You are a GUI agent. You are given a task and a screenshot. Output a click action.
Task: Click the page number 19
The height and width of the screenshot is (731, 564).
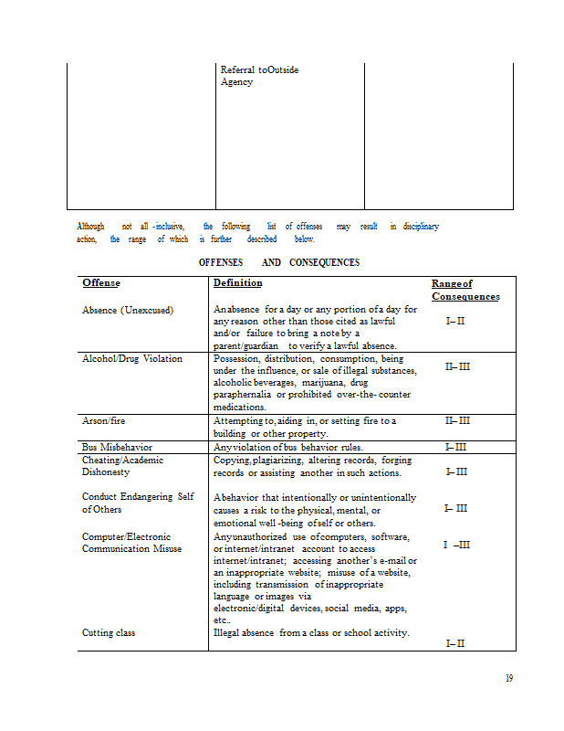[x=510, y=678]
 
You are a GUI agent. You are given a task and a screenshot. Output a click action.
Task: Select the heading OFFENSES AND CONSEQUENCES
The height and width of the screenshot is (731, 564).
[x=279, y=262]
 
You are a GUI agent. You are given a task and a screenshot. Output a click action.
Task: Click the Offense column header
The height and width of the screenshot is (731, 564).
[x=101, y=283]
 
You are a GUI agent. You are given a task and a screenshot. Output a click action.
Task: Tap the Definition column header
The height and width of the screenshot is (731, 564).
[x=237, y=283]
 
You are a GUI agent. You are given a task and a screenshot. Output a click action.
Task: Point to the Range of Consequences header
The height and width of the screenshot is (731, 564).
[x=465, y=290]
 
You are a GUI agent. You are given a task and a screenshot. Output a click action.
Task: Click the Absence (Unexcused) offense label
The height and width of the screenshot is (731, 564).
[x=128, y=310]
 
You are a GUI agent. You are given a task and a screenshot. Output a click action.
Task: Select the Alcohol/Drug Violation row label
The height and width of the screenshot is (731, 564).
[x=132, y=358]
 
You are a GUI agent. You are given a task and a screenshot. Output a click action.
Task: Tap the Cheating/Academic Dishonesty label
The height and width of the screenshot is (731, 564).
[x=123, y=466]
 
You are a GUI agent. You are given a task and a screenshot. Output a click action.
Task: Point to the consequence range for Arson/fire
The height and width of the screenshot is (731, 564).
[x=457, y=420]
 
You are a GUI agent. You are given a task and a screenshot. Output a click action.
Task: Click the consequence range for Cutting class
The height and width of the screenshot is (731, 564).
[x=455, y=643]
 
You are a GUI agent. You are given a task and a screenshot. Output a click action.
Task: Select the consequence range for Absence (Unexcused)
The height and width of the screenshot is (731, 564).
[x=455, y=321]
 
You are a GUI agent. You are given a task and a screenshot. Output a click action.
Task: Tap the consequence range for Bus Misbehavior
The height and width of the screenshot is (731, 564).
[x=455, y=447]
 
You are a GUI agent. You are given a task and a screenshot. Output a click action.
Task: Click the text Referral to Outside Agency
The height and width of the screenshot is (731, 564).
[x=259, y=76]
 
